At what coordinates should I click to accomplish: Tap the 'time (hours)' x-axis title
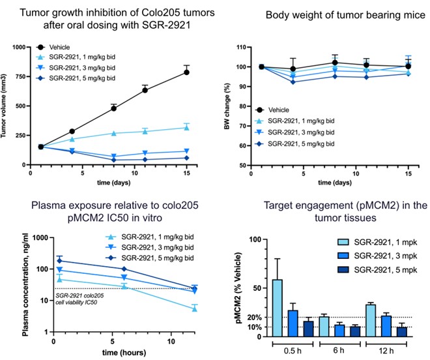[x=107, y=352]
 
